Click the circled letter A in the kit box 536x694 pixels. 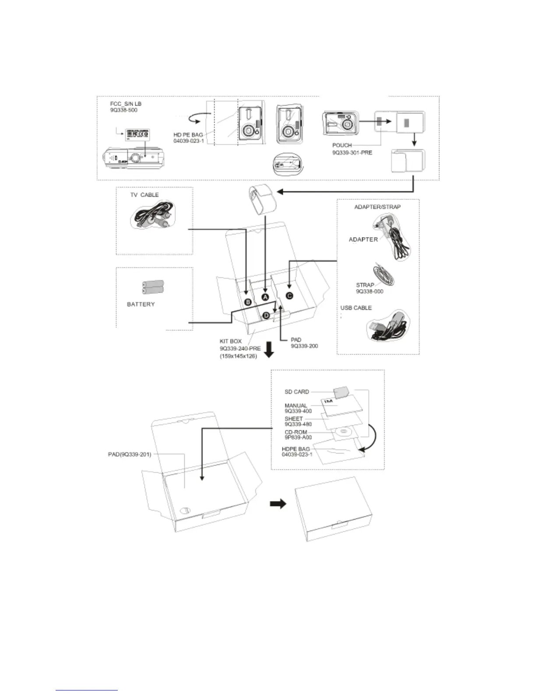pyautogui.click(x=264, y=297)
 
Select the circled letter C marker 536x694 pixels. pyautogui.click(x=289, y=296)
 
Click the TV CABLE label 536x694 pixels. pyautogui.click(x=144, y=195)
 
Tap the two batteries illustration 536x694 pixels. pyautogui.click(x=152, y=287)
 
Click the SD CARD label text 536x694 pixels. pyautogui.click(x=296, y=392)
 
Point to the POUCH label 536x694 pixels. pyautogui.click(x=342, y=145)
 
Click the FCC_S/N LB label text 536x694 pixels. pyautogui.click(x=126, y=104)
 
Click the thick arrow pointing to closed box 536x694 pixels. pyautogui.click(x=277, y=504)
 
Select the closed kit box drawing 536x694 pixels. pyautogui.click(x=334, y=508)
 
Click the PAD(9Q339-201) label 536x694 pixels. pyautogui.click(x=130, y=454)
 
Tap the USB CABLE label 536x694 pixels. pyautogui.click(x=356, y=308)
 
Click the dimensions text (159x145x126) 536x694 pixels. pyautogui.click(x=238, y=356)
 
